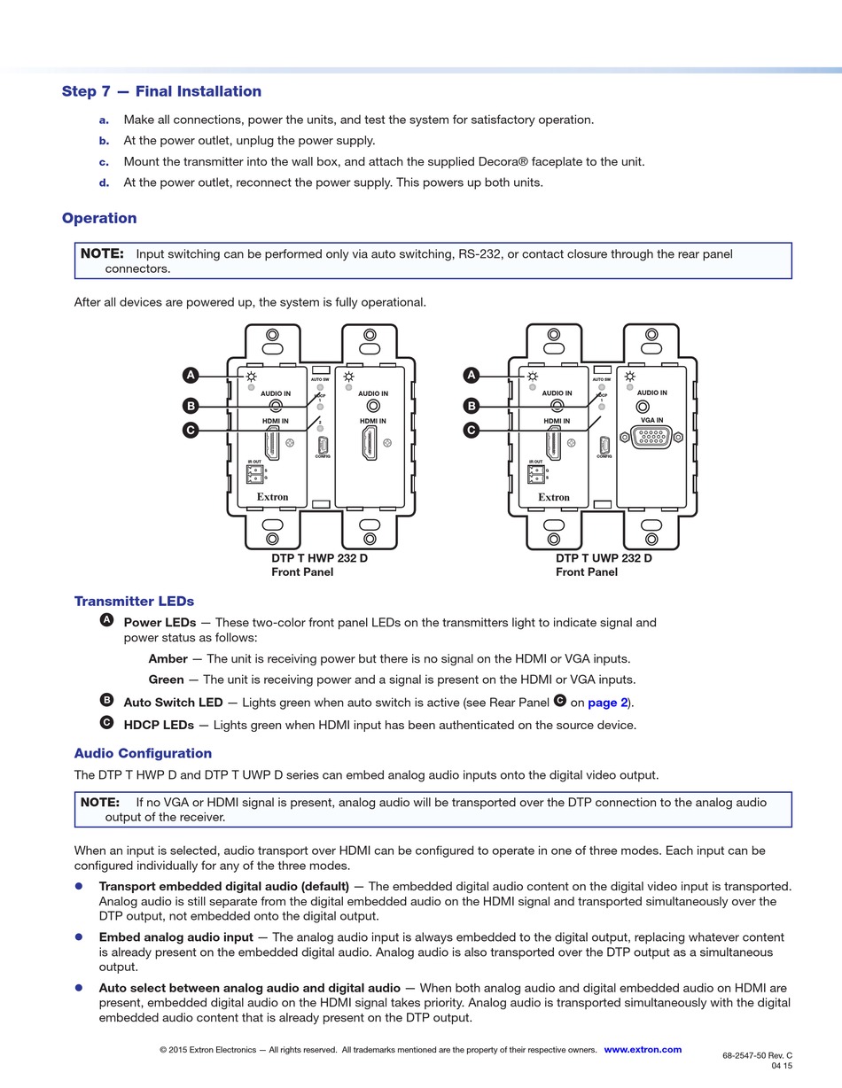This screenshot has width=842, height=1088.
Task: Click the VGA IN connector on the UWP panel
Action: (651, 437)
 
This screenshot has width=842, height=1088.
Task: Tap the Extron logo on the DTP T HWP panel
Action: (272, 497)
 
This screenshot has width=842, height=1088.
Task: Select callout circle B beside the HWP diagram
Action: (191, 406)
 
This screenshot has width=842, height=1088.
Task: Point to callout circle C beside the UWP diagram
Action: (472, 431)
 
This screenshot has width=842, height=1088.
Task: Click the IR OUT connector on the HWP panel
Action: (255, 475)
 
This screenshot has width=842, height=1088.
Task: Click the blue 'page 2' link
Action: (608, 703)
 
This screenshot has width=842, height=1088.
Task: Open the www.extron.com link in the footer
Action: (643, 1050)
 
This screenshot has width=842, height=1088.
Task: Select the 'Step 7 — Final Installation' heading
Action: (161, 91)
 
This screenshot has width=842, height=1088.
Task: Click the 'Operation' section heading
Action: (99, 218)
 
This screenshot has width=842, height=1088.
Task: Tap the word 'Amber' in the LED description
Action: (168, 659)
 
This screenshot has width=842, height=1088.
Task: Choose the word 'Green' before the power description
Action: (166, 680)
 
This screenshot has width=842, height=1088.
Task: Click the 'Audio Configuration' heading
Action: (143, 753)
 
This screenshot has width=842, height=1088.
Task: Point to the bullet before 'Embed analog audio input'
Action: (79, 936)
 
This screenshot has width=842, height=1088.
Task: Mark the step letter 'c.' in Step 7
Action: (104, 161)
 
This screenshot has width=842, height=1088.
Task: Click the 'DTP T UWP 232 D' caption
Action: (604, 558)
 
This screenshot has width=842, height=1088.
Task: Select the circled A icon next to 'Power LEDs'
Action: (107, 620)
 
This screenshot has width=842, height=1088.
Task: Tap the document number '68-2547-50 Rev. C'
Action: (757, 1055)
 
